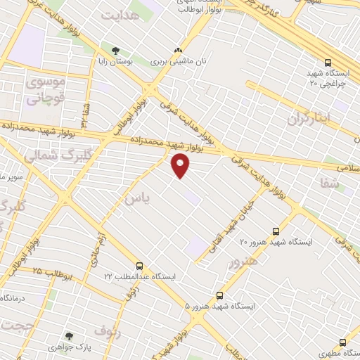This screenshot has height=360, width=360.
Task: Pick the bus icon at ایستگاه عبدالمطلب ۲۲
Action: coord(139,266)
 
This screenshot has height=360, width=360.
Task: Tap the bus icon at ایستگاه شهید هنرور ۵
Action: coord(220,295)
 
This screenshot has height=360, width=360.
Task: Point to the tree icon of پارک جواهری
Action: coord(69,336)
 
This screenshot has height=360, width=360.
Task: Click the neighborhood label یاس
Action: coord(137,200)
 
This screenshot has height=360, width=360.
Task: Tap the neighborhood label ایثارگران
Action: coord(307,119)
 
